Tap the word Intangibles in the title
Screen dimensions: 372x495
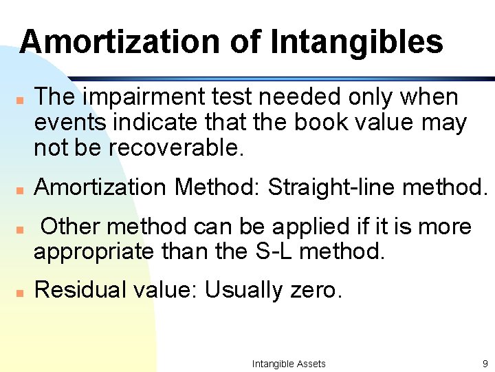click(x=357, y=41)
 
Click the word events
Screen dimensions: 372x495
click(x=70, y=123)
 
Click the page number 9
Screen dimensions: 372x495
click(x=485, y=364)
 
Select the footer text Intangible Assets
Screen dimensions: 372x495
click(x=289, y=364)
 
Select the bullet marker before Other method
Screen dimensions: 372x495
click(x=21, y=228)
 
